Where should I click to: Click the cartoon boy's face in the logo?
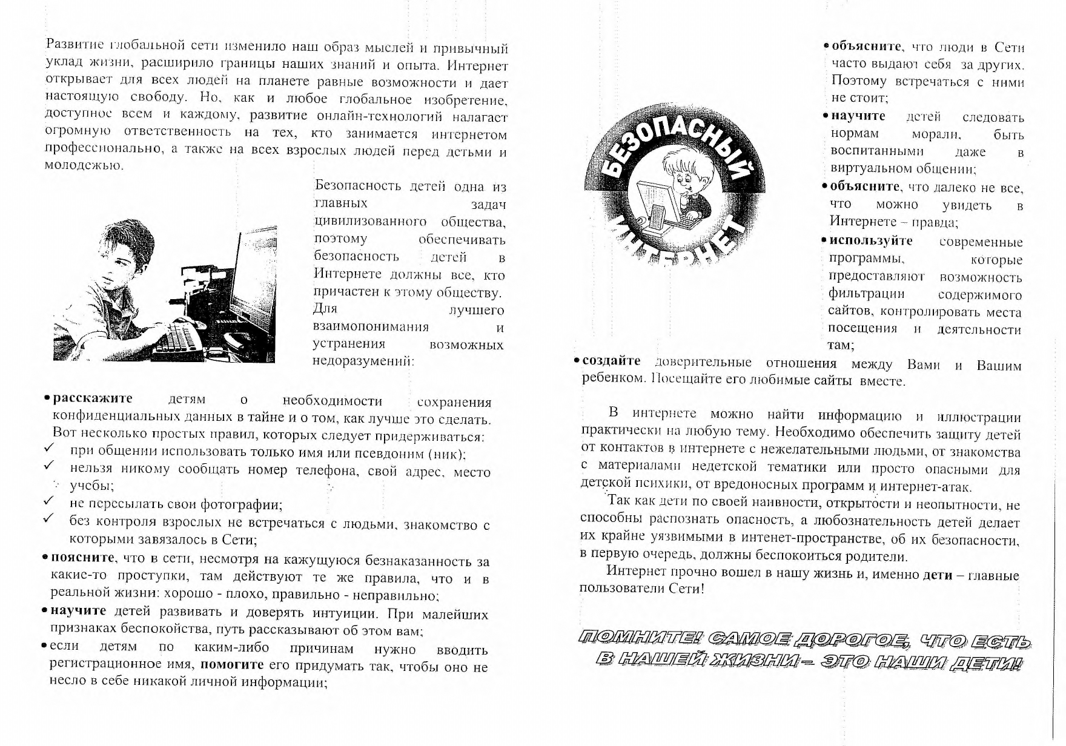click(x=681, y=173)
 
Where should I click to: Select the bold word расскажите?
click(x=93, y=398)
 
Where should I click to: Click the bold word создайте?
click(x=611, y=361)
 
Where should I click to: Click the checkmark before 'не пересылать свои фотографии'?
click(x=50, y=501)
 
